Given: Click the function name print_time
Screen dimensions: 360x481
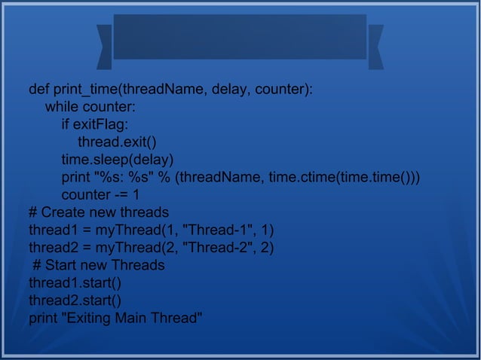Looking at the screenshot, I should (x=87, y=90).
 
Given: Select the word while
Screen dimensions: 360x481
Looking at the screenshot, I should (x=62, y=108).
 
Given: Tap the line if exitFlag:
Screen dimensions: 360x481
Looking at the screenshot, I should (x=94, y=125).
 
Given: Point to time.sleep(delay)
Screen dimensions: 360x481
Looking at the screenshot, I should (x=118, y=160).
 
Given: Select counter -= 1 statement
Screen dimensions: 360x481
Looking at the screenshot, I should (x=100, y=194).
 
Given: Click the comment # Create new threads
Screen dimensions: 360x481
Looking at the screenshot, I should (x=99, y=212).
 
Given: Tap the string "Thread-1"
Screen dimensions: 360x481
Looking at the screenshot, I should (x=216, y=230).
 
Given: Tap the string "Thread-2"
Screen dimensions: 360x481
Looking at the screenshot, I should (x=216, y=247).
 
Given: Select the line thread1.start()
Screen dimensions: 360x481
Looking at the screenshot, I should (x=75, y=282).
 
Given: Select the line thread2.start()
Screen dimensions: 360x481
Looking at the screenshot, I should (x=75, y=300).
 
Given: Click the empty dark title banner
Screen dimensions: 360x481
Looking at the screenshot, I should (x=240, y=36).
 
